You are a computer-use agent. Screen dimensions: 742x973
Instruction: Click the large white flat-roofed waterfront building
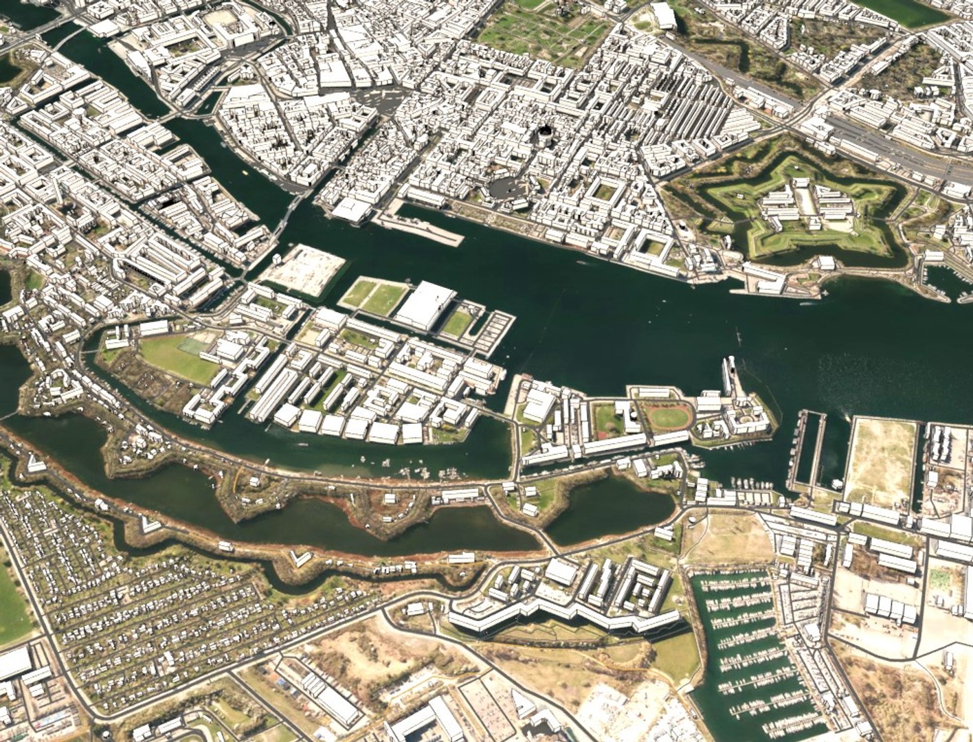[x=425, y=304]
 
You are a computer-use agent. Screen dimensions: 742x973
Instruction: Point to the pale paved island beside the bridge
[x=304, y=269]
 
